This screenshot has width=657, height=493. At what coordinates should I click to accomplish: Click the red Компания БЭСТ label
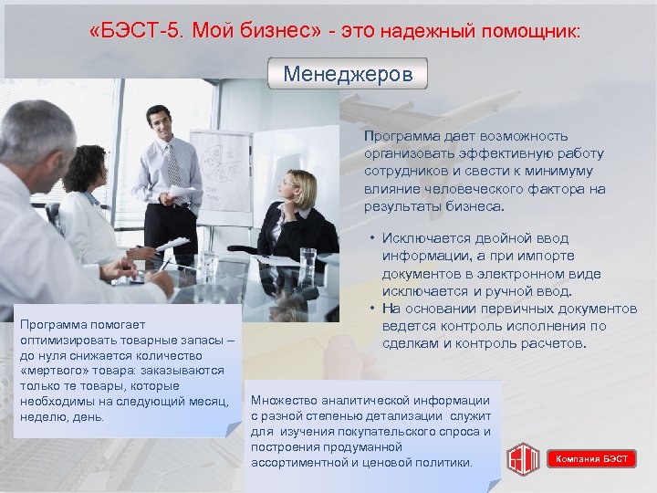click(x=592, y=458)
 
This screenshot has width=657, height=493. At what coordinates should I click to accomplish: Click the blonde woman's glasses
click(x=287, y=185)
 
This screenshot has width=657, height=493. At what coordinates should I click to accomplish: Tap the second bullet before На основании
click(x=373, y=309)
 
